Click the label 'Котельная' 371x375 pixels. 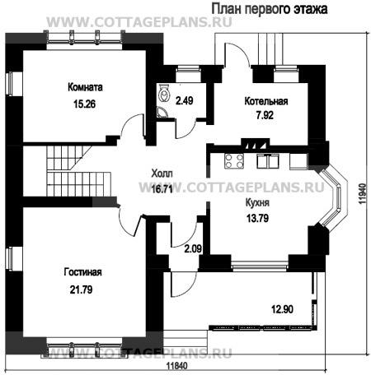pyautogui.click(x=265, y=102)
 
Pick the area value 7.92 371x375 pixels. pyautogui.click(x=265, y=117)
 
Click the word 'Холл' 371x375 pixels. pyautogui.click(x=162, y=174)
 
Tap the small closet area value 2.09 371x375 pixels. pyautogui.click(x=192, y=248)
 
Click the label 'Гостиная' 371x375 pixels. pyautogui.click(x=85, y=272)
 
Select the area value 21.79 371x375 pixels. pyautogui.click(x=85, y=288)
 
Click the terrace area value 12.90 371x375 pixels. pyautogui.click(x=283, y=308)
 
